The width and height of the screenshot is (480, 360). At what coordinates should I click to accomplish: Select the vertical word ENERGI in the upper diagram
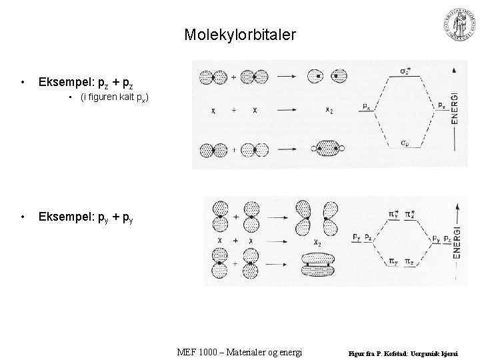[x=455, y=106]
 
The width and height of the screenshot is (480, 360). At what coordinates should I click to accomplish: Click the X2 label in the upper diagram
[x=329, y=110]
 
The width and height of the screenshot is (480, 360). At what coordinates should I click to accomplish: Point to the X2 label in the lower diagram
[x=310, y=243]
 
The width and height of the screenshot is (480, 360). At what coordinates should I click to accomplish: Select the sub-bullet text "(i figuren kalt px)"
[x=114, y=99]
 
